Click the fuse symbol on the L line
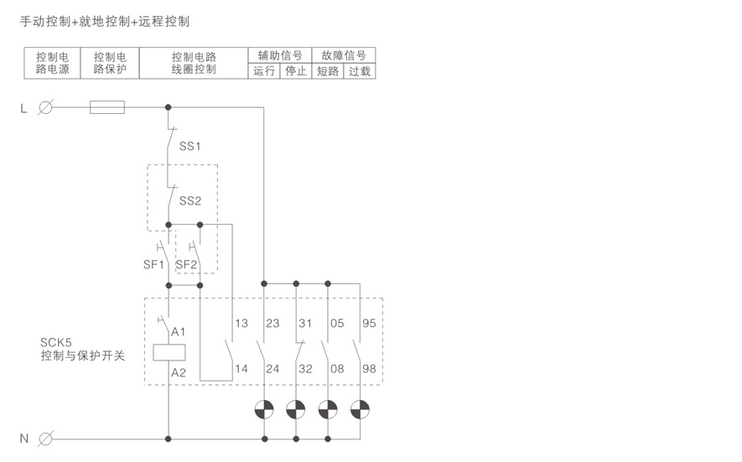pyautogui.click(x=106, y=106)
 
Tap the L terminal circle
pyautogui.click(x=46, y=106)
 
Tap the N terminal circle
pyautogui.click(x=46, y=438)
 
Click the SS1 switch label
pyautogui.click(x=190, y=146)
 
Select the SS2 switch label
pyautogui.click(x=190, y=200)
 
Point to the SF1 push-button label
pyautogui.click(x=154, y=265)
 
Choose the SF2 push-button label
pyautogui.click(x=186, y=265)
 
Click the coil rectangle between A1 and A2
pyautogui.click(x=169, y=352)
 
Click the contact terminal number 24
pyautogui.click(x=273, y=369)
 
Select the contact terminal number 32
pyautogui.click(x=305, y=369)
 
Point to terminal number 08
pyautogui.click(x=336, y=369)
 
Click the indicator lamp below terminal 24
pyautogui.click(x=264, y=409)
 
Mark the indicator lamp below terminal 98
pyautogui.click(x=360, y=409)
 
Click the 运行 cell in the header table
pyautogui.click(x=263, y=71)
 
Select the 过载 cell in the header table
pyautogui.click(x=359, y=71)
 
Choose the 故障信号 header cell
pyautogui.click(x=343, y=55)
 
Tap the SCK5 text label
pyautogui.click(x=57, y=342)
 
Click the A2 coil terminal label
pyautogui.click(x=179, y=372)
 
